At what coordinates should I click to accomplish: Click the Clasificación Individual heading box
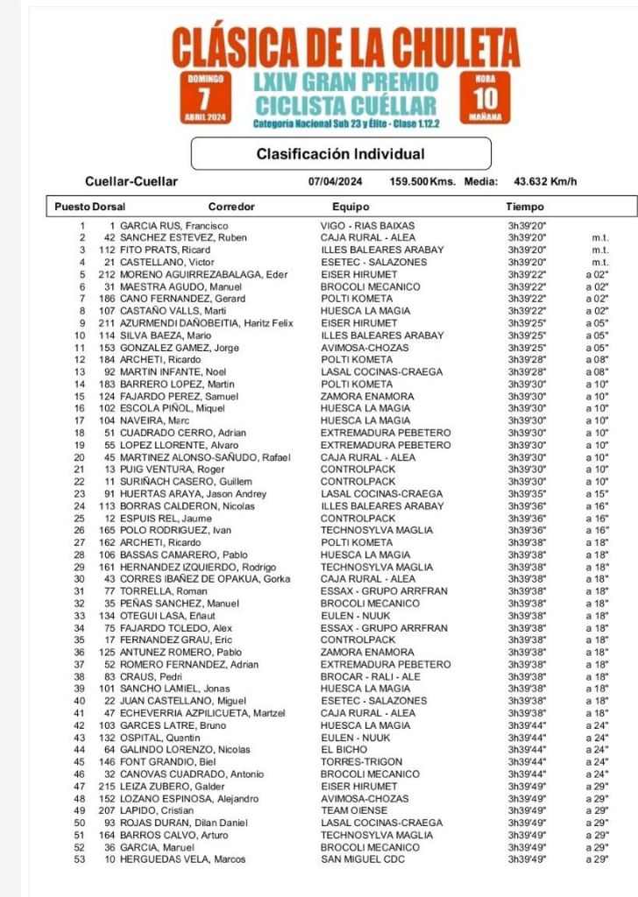(341, 154)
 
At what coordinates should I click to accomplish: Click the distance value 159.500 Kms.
(422, 182)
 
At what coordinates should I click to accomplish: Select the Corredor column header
(231, 208)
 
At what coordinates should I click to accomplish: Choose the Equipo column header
(351, 208)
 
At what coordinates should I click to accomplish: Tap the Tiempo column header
(525, 208)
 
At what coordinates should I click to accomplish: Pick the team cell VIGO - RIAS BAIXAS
(367, 226)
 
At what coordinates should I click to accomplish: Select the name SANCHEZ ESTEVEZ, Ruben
(183, 238)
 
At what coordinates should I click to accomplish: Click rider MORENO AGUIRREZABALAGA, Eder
(204, 275)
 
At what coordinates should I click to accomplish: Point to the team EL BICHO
(344, 750)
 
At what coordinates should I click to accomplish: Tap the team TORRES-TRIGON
(360, 762)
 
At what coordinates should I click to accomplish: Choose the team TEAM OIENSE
(354, 811)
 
